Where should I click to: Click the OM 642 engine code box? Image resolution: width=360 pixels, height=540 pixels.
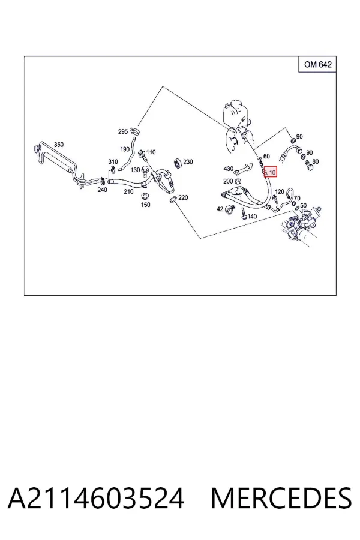(317, 64)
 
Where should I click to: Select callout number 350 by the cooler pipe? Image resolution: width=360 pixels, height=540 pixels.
(59, 145)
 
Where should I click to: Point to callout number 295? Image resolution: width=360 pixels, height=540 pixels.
(123, 131)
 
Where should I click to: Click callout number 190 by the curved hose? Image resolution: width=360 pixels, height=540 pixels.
(124, 149)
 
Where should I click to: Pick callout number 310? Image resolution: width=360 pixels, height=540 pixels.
(113, 161)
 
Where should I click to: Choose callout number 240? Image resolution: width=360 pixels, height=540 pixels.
(103, 190)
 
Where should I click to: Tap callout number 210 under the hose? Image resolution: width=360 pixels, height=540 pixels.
(128, 191)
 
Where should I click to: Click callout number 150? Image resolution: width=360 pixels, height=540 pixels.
(146, 205)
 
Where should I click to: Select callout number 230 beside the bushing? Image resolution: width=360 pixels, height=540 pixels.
(188, 161)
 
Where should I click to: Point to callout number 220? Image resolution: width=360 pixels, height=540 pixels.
(183, 197)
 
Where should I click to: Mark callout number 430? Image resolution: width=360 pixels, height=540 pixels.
(229, 169)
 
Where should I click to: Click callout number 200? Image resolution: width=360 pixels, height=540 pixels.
(228, 181)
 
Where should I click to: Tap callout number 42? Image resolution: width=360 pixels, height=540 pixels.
(220, 209)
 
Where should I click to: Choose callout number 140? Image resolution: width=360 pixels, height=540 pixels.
(252, 217)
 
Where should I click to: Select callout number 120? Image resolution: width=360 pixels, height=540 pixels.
(280, 191)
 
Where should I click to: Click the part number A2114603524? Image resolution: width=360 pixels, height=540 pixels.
(96, 498)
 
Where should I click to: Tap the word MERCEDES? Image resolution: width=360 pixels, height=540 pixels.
(281, 498)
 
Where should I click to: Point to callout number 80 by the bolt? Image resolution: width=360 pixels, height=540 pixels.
(316, 161)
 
